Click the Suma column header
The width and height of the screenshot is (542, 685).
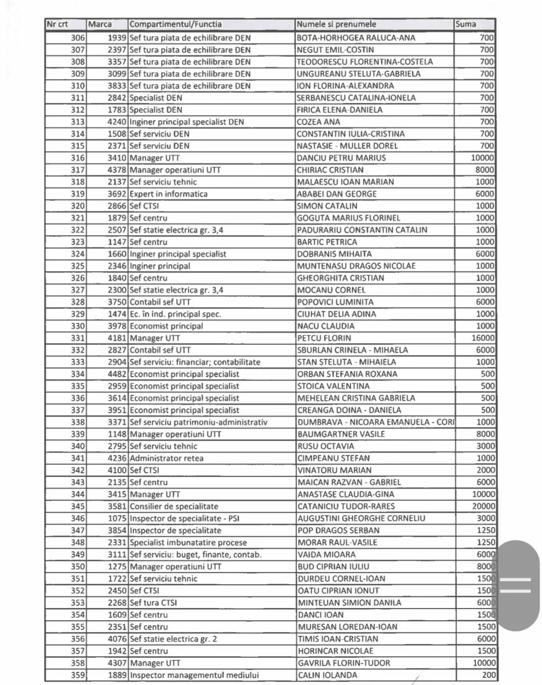(x=466, y=24)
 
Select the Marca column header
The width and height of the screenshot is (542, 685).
(x=100, y=24)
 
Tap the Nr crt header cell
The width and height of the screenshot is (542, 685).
(x=57, y=24)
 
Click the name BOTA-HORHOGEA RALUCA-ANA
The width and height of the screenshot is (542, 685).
(x=356, y=37)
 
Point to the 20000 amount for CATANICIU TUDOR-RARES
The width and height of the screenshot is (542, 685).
(x=483, y=506)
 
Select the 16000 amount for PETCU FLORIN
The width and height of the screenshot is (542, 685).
(x=483, y=338)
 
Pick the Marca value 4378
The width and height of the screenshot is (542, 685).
(x=116, y=170)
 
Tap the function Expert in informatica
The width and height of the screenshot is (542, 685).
(x=169, y=194)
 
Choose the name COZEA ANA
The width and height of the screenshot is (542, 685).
(x=318, y=122)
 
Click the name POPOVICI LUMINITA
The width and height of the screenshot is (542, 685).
(x=335, y=302)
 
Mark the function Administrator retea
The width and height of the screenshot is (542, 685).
(x=166, y=458)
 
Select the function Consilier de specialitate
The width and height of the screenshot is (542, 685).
(x=174, y=506)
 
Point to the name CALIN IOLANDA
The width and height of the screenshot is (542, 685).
(x=327, y=675)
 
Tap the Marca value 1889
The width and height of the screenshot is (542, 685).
(x=116, y=675)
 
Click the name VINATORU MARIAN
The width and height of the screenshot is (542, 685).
(x=335, y=470)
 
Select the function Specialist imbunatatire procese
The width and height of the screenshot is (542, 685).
(x=188, y=542)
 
